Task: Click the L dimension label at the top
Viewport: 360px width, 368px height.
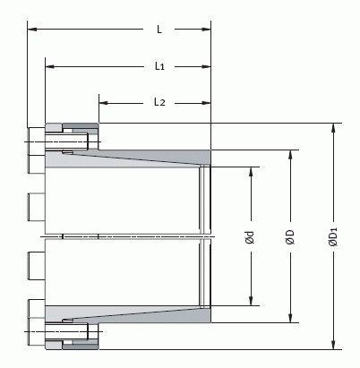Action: pyautogui.click(x=159, y=30)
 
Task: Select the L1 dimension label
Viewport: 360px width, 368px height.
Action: pyautogui.click(x=159, y=66)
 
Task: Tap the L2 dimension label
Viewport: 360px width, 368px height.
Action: pyautogui.click(x=159, y=102)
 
